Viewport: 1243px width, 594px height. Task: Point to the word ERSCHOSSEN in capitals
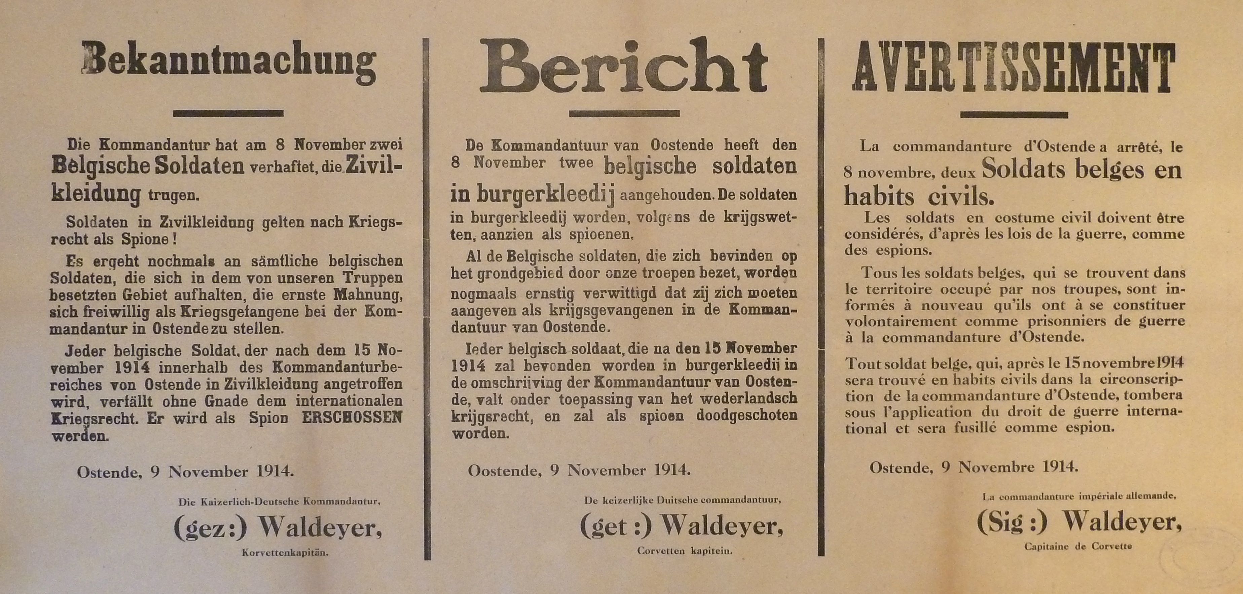click(x=351, y=417)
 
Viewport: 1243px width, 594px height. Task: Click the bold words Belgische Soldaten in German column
click(x=147, y=167)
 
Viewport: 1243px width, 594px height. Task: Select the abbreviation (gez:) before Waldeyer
click(x=210, y=529)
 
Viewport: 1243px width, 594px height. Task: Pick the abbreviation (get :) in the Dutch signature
click(x=616, y=526)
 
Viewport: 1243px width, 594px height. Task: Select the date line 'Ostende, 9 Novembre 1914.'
click(x=973, y=467)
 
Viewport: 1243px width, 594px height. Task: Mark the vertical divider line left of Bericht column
click(x=427, y=300)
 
